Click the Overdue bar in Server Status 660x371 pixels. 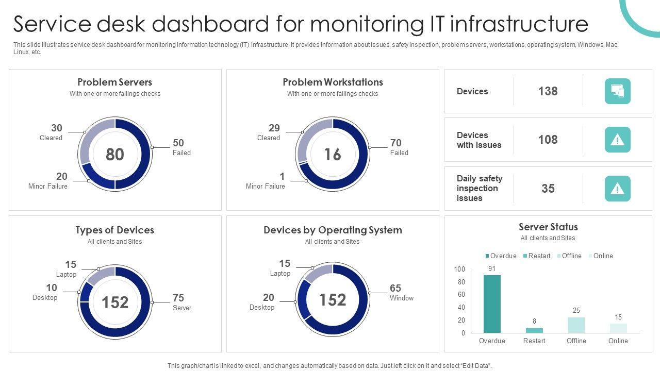492,304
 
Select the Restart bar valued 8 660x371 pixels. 534,330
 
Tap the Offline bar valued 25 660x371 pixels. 576,325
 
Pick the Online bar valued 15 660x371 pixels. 618,328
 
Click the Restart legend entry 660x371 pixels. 536,256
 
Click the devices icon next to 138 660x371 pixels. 617,91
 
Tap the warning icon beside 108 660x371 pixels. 617,140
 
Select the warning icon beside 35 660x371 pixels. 617,189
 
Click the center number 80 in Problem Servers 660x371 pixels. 115,154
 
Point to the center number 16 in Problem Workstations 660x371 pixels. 333,154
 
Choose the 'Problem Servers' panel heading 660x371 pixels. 115,82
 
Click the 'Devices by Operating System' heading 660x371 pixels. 333,230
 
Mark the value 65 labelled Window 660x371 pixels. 395,288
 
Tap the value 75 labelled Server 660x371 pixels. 178,298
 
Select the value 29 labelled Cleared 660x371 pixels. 274,128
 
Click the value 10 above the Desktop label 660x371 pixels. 52,288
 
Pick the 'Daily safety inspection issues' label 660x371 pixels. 479,188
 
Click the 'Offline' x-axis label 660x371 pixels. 576,341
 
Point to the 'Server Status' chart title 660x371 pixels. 548,227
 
